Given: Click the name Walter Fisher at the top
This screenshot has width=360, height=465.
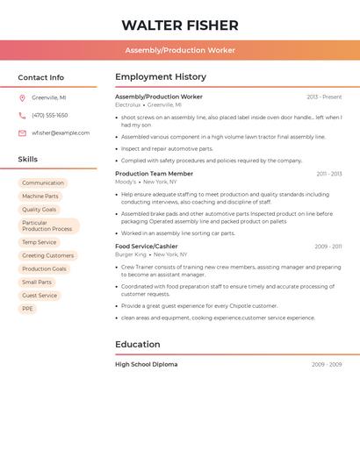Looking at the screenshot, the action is tap(179, 25).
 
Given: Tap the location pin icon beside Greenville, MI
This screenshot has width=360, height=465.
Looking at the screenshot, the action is tap(22, 97).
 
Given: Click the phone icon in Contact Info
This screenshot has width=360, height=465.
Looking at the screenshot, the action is tap(22, 115).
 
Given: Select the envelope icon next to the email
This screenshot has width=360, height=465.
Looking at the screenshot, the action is tap(22, 133).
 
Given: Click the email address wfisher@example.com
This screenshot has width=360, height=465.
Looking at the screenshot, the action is tap(61, 133).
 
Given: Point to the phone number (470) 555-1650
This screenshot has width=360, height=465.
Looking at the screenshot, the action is tap(50, 115).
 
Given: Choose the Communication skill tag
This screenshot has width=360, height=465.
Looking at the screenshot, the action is tap(43, 183).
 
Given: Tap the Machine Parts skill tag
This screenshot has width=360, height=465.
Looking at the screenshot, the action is tap(40, 197).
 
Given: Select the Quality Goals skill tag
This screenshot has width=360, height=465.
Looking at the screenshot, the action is tap(40, 210).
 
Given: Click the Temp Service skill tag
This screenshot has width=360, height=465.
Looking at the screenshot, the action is tap(40, 242).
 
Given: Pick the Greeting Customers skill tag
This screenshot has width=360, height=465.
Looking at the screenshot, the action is tap(48, 255).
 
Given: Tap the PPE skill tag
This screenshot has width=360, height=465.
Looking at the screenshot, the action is tap(28, 309).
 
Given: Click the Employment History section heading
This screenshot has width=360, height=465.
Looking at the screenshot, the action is tap(161, 77).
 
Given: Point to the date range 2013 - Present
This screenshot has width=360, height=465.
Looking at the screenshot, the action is tap(324, 97).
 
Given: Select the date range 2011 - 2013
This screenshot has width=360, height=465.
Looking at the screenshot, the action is tap(329, 174).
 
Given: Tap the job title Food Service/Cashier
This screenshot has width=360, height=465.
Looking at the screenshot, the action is tap(147, 247).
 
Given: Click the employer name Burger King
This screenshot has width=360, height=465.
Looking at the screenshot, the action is tap(131, 254).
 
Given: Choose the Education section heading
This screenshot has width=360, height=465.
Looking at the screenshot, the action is tap(138, 345).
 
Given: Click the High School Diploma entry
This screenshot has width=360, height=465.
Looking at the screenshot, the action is tap(146, 364).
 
